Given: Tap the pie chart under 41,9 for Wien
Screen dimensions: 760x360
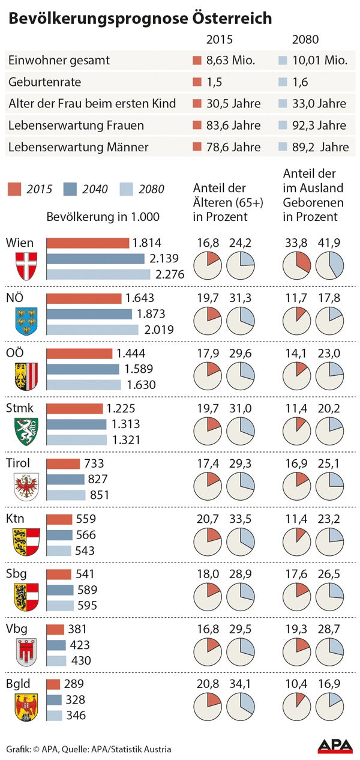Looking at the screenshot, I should click(330, 265).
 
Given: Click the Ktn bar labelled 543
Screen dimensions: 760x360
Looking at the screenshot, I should click(59, 550).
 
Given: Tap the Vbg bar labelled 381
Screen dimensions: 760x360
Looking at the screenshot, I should click(55, 629).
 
